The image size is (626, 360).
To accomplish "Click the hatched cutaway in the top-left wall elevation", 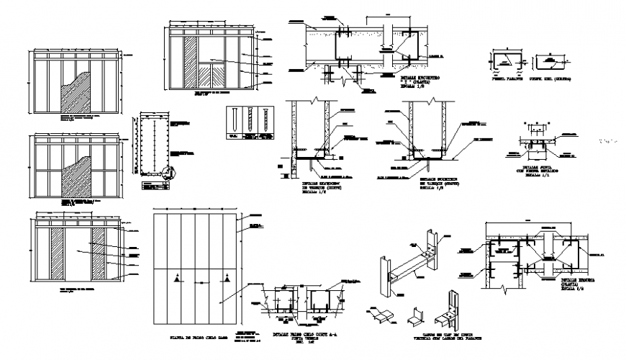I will coord(73,90).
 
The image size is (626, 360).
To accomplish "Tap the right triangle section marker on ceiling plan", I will coord(226,277).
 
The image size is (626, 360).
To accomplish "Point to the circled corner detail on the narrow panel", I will coord(168,173).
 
